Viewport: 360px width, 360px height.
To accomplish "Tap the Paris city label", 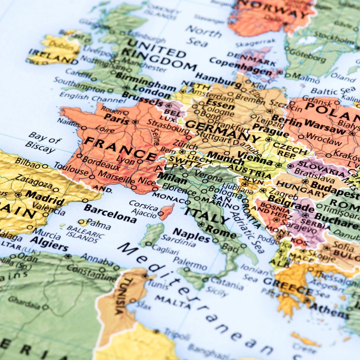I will (x=116, y=120).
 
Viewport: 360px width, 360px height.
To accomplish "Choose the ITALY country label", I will (x=206, y=215).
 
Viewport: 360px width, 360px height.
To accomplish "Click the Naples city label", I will (x=191, y=235).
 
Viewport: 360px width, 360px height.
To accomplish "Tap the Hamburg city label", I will (x=217, y=79).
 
